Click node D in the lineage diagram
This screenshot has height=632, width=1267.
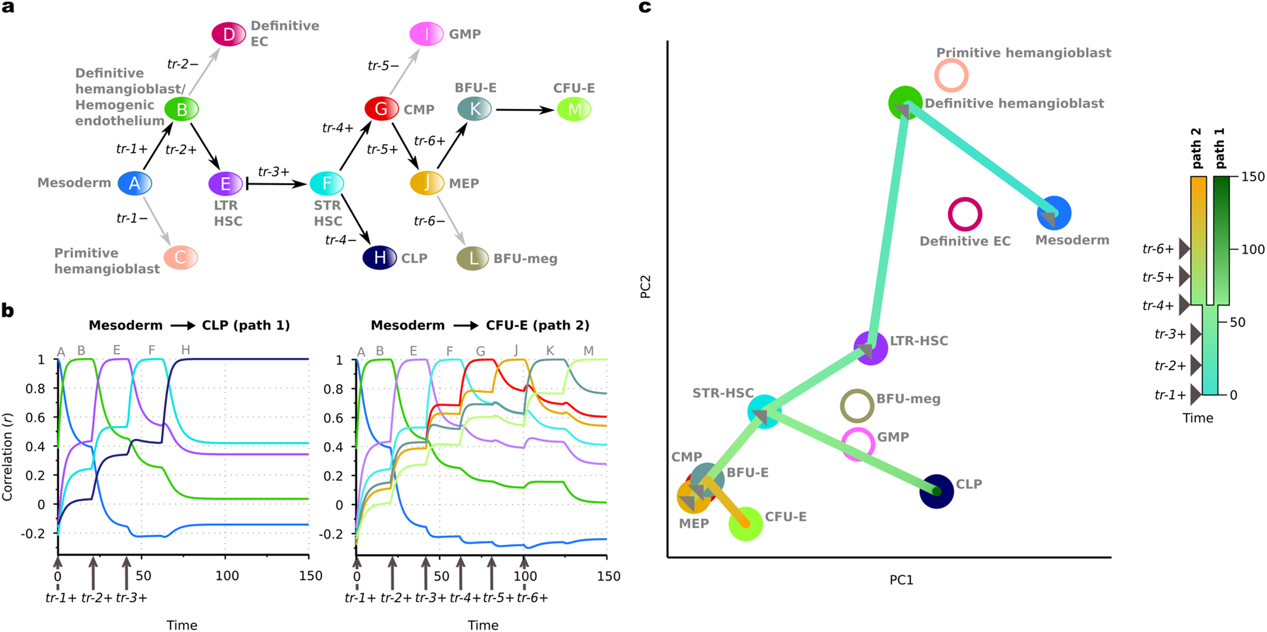pos(229,35)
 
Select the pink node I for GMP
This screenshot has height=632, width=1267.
pos(426,34)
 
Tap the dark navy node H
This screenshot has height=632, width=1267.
pos(379,258)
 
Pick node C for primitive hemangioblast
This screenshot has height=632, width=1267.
pos(180,257)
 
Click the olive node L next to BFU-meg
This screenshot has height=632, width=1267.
pos(473,258)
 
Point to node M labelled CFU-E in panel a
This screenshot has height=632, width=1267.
pos(574,109)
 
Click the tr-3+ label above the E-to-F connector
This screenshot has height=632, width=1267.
pos(274,172)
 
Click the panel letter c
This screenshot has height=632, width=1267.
pos(645,8)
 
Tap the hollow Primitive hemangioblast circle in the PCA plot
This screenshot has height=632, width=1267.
pos(951,75)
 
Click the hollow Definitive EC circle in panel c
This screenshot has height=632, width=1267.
pos(965,214)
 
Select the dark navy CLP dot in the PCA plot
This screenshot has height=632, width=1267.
pos(936,492)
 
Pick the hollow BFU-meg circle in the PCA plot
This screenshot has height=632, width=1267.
pos(857,406)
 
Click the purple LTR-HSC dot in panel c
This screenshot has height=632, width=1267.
pos(870,348)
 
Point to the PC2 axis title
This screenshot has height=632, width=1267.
pos(646,287)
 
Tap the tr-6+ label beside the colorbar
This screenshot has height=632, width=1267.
pos(1158,249)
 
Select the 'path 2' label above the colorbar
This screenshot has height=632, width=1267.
pos(1197,149)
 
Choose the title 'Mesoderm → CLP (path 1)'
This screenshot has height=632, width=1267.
pos(189,325)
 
